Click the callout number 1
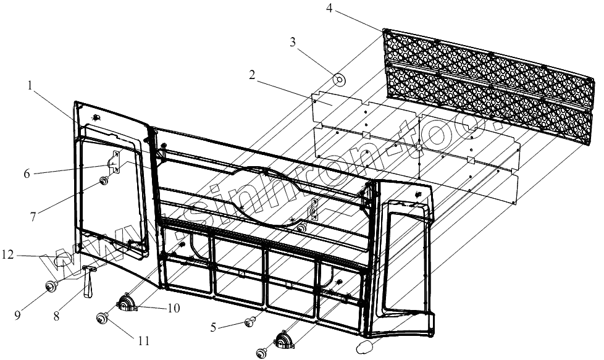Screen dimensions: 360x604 point(30,87)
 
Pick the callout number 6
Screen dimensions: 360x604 point(27,174)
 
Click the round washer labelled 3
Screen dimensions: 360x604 point(338,79)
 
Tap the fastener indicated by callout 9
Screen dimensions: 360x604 point(51,286)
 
